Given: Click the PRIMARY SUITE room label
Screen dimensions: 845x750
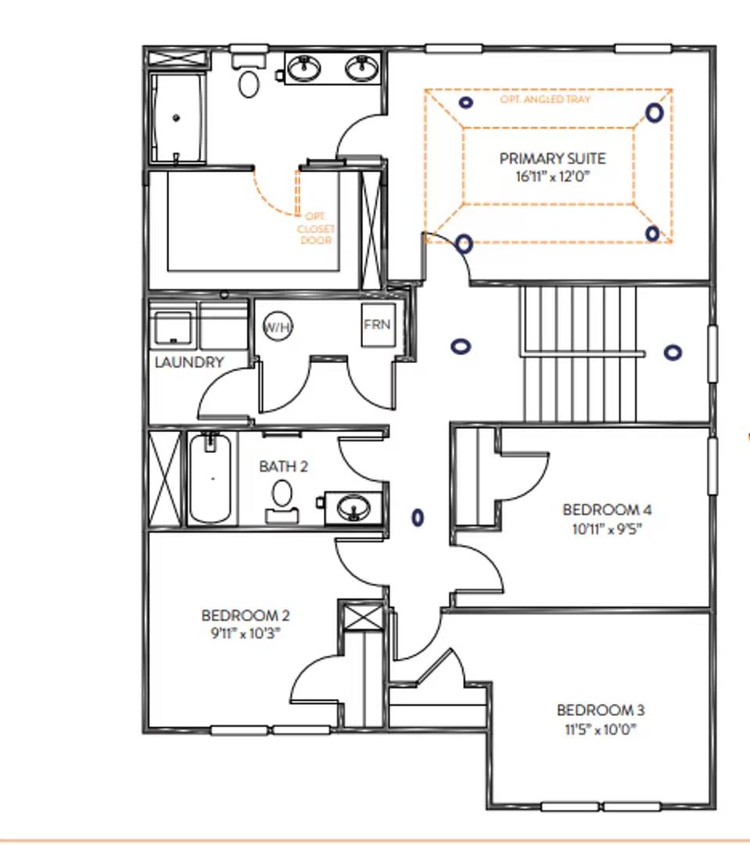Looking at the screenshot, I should pyautogui.click(x=552, y=159).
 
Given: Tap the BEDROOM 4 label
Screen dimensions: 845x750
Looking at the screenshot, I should pyautogui.click(x=607, y=510).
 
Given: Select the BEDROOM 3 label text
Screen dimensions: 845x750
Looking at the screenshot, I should pyautogui.click(x=601, y=710).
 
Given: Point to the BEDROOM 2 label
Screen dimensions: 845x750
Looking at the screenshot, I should pyautogui.click(x=246, y=615).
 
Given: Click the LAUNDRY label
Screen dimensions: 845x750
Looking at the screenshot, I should pyautogui.click(x=189, y=362).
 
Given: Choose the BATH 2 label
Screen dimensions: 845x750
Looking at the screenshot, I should pyautogui.click(x=283, y=466).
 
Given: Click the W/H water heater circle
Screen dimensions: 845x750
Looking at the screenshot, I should pyautogui.click(x=277, y=327).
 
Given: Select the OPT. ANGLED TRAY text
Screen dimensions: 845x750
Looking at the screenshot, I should pyautogui.click(x=545, y=100).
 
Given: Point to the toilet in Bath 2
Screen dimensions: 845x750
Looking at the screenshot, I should pyautogui.click(x=282, y=498).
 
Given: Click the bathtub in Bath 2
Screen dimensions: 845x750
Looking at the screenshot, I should pyautogui.click(x=210, y=479).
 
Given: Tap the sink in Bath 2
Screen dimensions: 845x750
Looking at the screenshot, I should pyautogui.click(x=354, y=509).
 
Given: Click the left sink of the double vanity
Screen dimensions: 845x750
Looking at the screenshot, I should pyautogui.click(x=303, y=69).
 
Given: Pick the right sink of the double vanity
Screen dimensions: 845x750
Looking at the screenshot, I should pyautogui.click(x=361, y=69).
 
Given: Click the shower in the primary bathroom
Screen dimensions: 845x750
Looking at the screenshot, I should pyautogui.click(x=178, y=118).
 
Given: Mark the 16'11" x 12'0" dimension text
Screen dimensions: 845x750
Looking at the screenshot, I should pyautogui.click(x=552, y=176).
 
